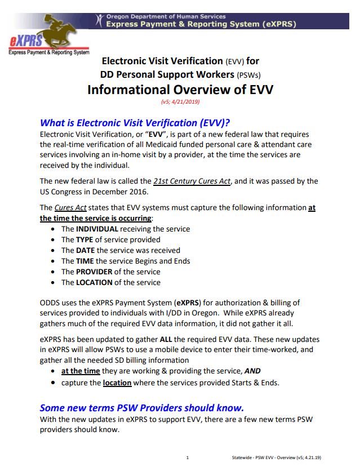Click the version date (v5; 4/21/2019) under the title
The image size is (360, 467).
pos(180,103)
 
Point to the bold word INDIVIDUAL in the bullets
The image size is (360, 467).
pos(97,229)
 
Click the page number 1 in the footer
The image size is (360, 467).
pos(188,457)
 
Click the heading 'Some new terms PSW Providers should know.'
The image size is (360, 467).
pos(141,407)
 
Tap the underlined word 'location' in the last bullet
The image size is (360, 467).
pos(117,383)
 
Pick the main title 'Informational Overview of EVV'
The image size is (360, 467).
pos(180,90)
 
